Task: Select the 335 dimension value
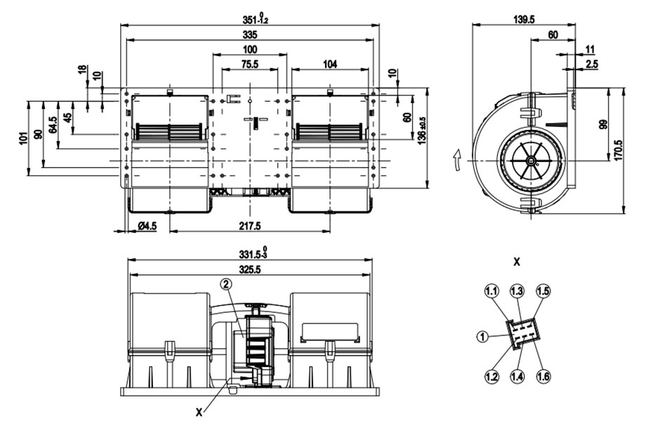[250, 34]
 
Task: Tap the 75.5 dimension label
[249, 64]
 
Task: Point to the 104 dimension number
[330, 64]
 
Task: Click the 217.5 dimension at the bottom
[250, 226]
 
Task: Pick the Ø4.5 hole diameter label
[147, 226]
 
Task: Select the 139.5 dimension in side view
[524, 19]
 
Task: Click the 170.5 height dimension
[618, 150]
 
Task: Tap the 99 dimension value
[603, 124]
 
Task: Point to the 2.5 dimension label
[592, 64]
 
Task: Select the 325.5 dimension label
[250, 269]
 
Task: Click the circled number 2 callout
[226, 284]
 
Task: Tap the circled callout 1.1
[492, 290]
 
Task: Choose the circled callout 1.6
[543, 377]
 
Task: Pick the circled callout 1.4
[517, 377]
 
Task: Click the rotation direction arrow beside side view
[457, 160]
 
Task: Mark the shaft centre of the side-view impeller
[532, 161]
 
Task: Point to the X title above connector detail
[517, 262]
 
